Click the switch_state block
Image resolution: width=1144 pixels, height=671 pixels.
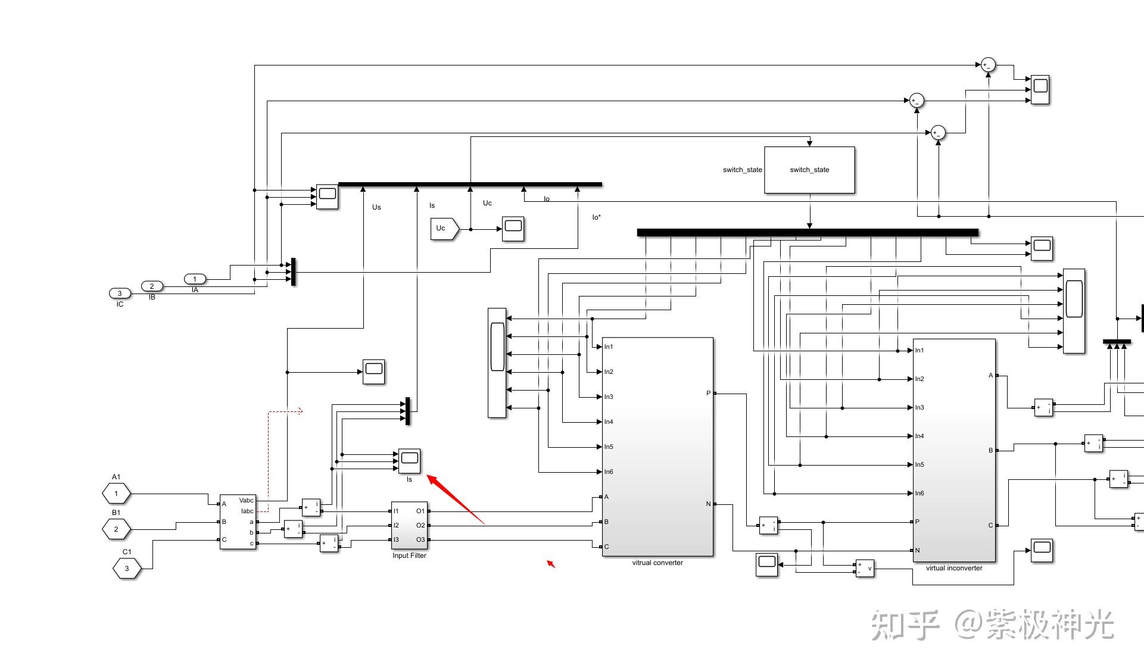[x=809, y=170]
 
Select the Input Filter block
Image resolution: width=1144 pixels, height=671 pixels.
[x=409, y=526]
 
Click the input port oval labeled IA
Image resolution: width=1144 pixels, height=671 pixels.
[x=195, y=279]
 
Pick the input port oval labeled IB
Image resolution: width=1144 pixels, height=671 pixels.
[x=152, y=286]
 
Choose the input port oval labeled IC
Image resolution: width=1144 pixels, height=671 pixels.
[x=120, y=294]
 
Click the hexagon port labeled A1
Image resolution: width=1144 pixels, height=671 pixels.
[x=116, y=494]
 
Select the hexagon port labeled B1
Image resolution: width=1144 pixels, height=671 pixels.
[x=116, y=529]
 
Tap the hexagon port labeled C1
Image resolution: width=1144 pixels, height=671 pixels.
[x=127, y=569]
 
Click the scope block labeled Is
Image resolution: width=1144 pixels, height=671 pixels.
[x=409, y=460]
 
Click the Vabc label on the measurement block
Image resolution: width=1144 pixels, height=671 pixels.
[x=246, y=501]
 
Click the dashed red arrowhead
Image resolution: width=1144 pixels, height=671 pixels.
[x=300, y=411]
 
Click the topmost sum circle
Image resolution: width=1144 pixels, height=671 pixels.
[x=988, y=65]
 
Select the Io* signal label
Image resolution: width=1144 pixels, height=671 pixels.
[x=596, y=217]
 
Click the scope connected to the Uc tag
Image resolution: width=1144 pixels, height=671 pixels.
[x=513, y=229]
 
